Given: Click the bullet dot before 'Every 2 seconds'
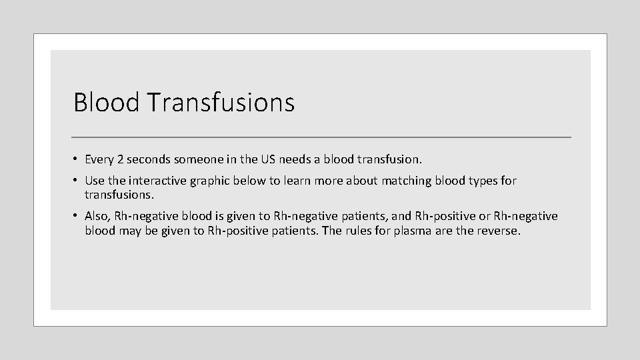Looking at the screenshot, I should (77, 160).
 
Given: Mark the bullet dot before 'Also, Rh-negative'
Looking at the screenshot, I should (77, 216).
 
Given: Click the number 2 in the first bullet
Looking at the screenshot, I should (120, 160).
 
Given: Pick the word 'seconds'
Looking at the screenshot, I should (149, 160).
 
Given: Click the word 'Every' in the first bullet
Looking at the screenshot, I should (99, 160).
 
